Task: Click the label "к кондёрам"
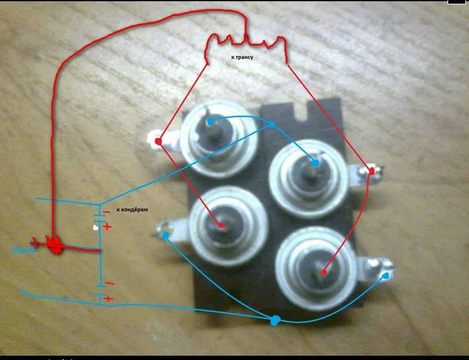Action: pos(132,209)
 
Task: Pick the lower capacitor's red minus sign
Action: pos(108,283)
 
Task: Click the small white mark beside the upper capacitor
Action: pos(95,227)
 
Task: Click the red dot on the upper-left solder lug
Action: pos(158,142)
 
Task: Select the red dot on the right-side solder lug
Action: pos(371,170)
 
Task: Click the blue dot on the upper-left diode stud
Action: pos(209,122)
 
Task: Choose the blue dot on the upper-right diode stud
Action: pos(314,163)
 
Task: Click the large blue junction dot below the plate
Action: pos(274,319)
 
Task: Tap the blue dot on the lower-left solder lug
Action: pos(166,235)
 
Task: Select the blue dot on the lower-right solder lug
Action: pos(386,276)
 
